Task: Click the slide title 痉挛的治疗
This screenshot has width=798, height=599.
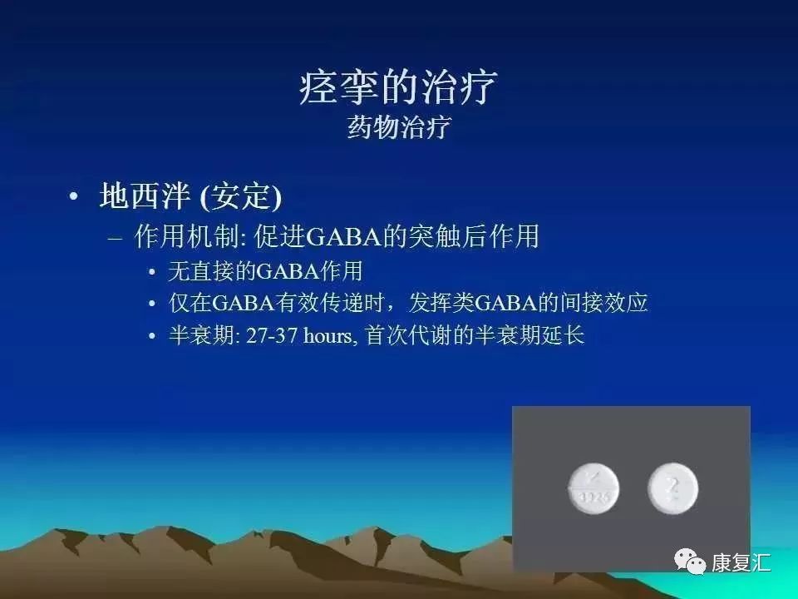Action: tap(398, 87)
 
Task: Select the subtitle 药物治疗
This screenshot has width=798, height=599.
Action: tap(398, 129)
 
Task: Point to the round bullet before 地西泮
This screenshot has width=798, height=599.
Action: tap(74, 198)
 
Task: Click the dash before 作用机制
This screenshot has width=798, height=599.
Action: tap(116, 239)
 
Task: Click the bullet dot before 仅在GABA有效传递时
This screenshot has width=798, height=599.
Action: tap(151, 304)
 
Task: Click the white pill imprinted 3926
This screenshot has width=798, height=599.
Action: tap(592, 488)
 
